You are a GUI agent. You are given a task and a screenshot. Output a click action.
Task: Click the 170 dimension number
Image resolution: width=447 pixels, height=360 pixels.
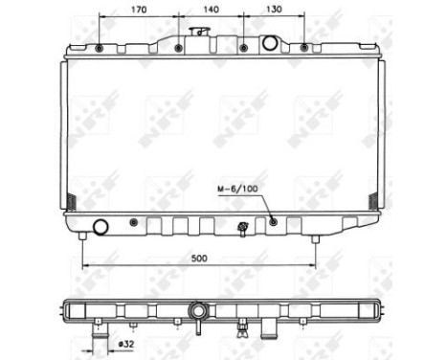pos(137,12)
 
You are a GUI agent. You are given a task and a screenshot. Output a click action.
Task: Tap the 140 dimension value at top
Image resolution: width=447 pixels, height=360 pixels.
pos(210,12)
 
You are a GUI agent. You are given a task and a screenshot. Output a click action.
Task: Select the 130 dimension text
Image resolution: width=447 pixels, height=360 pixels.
pos(274,12)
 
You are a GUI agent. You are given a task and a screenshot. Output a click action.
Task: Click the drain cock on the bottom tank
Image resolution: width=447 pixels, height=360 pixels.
pos(243,227)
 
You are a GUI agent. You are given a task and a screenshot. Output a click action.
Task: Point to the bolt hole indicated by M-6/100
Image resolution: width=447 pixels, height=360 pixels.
pos(274,222)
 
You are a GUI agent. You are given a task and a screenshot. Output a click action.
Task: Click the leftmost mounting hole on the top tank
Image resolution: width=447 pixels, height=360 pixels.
pos(100,48)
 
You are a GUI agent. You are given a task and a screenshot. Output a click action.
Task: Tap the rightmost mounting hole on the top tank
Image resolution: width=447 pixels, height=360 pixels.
pos(304,47)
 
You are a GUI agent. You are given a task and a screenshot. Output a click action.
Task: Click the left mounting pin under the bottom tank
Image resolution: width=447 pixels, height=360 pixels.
pos(82,236)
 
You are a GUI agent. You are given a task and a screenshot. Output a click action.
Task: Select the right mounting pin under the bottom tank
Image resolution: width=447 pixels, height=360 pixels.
pos(314,236)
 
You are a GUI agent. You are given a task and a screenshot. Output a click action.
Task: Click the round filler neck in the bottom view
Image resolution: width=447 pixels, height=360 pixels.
pos(198,311)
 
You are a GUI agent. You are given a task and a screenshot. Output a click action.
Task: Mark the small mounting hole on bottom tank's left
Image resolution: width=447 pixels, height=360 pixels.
pos(134,222)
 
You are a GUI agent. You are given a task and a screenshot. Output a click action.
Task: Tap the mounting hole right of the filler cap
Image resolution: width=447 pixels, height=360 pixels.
pos(243,47)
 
